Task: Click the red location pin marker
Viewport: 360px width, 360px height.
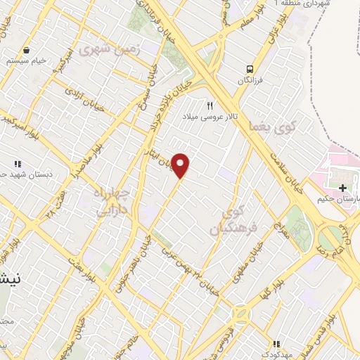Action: point(181,165)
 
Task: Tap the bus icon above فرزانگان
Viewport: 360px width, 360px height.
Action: point(250,69)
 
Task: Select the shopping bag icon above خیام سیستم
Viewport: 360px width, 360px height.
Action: point(26,50)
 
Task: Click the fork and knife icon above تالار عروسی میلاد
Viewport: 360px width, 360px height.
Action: point(209,105)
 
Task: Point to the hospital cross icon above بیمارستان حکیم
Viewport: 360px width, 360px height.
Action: point(342,188)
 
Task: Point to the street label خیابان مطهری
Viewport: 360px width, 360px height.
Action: point(249,262)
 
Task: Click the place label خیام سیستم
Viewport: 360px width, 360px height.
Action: point(28,61)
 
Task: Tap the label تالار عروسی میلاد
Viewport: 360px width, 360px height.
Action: point(208,117)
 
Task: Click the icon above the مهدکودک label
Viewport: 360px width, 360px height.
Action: point(276,344)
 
